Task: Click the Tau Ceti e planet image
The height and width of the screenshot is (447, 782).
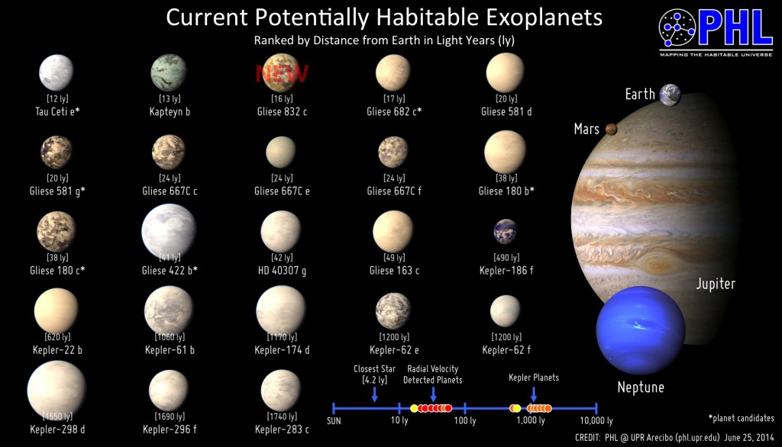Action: pyautogui.click(x=56, y=72)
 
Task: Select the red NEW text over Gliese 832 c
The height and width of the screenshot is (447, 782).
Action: pyautogui.click(x=281, y=73)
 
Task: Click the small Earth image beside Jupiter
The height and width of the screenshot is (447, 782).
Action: pyautogui.click(x=671, y=95)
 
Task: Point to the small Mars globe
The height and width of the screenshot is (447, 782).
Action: pyautogui.click(x=611, y=130)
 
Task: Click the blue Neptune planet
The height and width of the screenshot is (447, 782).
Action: pyautogui.click(x=640, y=331)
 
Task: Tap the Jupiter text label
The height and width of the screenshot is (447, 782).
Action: pyautogui.click(x=715, y=284)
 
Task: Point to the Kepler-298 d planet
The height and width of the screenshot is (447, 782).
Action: pyautogui.click(x=56, y=391)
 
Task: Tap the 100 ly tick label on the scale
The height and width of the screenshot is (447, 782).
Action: pyautogui.click(x=464, y=420)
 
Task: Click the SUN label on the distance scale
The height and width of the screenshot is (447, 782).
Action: pyautogui.click(x=334, y=420)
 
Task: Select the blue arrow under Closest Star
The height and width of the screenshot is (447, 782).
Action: pyautogui.click(x=374, y=394)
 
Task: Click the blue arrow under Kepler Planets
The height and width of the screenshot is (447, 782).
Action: pyautogui.click(x=533, y=392)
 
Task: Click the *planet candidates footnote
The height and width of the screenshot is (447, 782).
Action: pyautogui.click(x=742, y=417)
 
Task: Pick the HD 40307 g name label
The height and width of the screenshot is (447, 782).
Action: pyautogui.click(x=280, y=271)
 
